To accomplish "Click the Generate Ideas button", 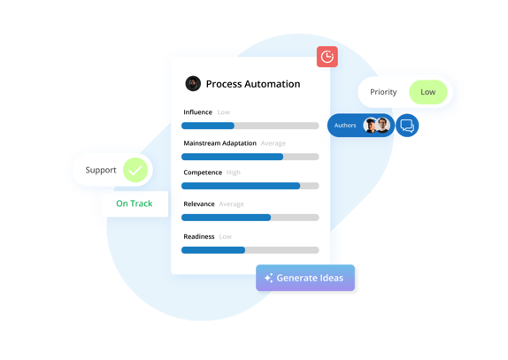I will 305,278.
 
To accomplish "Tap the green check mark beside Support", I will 135,170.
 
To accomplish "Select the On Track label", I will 134,203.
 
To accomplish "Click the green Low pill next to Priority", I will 428,92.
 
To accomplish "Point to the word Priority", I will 383,92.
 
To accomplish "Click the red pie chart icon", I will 327,57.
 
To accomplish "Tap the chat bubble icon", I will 407,126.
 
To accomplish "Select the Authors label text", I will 345,126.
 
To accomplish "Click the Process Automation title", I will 253,84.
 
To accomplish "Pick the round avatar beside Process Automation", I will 193,84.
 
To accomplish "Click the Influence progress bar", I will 250,126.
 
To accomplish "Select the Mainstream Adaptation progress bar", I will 250,157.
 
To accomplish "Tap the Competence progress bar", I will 250,186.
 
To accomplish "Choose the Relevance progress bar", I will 250,218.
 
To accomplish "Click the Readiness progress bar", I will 250,250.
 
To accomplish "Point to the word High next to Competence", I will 234,172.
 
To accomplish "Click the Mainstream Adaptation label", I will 219,143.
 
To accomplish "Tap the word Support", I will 100,170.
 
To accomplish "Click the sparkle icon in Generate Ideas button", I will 268,278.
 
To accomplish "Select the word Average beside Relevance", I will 232,204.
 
